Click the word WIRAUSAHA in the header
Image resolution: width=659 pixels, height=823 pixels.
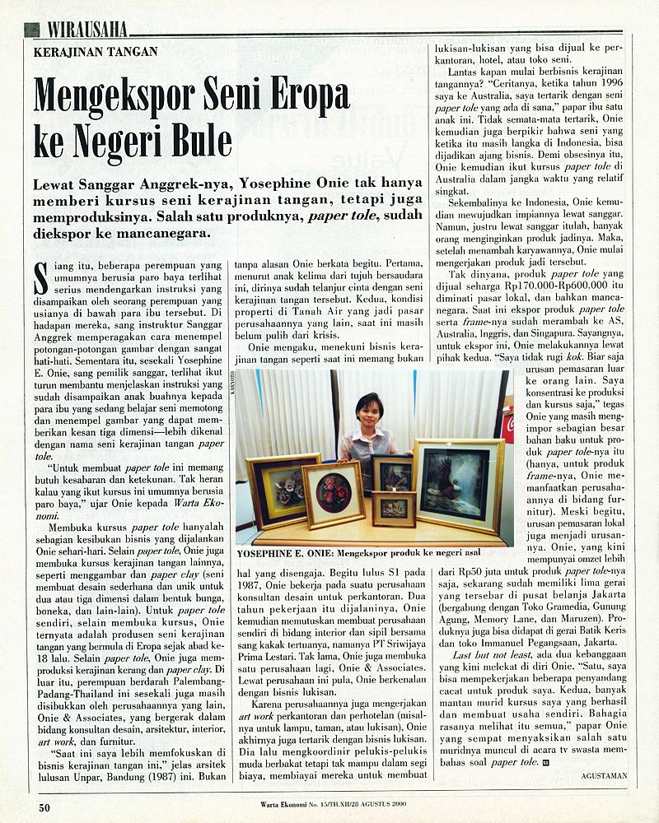click(x=86, y=30)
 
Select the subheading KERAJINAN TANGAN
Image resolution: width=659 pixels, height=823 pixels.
click(x=96, y=51)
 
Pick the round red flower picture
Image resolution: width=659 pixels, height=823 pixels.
click(x=334, y=493)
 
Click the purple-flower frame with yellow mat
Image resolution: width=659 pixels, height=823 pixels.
click(x=283, y=491)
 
